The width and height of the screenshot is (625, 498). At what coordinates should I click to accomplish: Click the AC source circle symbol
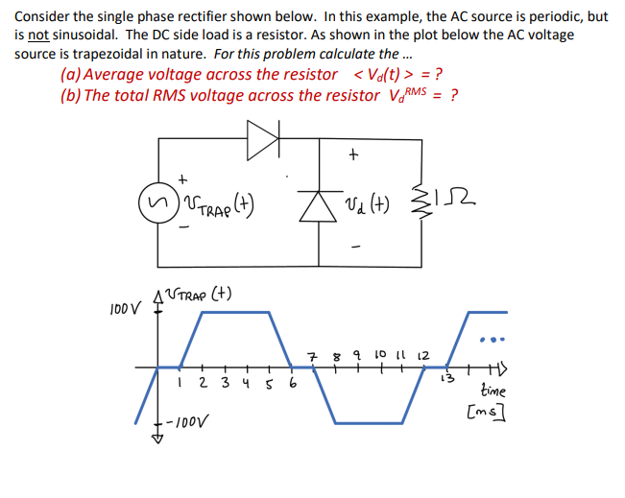point(156,202)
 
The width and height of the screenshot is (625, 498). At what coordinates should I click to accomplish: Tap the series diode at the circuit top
point(262,140)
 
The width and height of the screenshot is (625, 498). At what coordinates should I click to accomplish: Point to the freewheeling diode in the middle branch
point(318,202)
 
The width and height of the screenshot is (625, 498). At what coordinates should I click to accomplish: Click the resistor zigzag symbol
point(419,202)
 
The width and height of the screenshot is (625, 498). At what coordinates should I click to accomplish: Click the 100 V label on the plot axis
point(124,310)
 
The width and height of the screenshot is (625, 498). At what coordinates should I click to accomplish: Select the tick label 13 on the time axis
point(444,375)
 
